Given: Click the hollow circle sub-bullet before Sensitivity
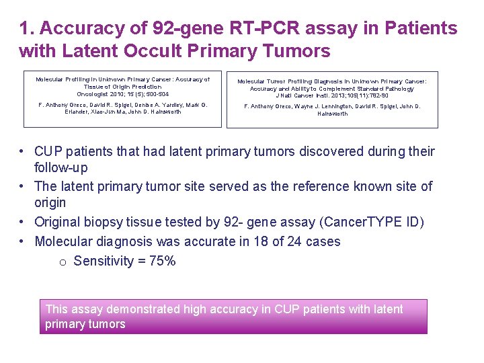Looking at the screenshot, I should (x=63, y=261).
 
